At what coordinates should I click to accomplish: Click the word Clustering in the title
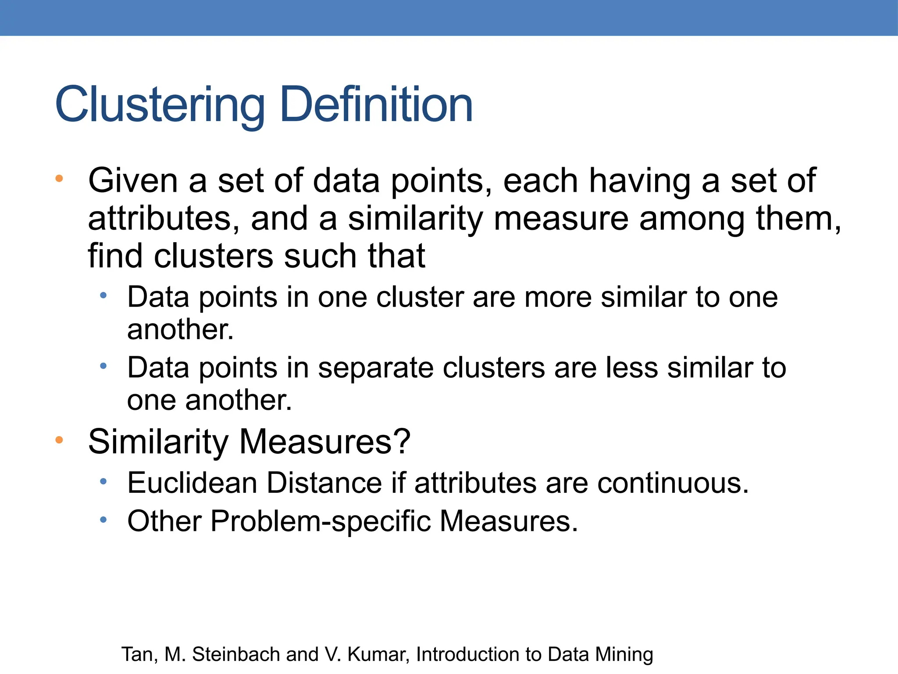point(160,105)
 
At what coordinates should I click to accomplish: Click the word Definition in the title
point(376,105)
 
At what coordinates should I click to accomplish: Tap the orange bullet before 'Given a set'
point(59,179)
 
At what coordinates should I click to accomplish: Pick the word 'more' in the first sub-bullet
point(558,297)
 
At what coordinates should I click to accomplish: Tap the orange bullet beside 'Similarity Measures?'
point(59,440)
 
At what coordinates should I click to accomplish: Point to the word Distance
point(324,483)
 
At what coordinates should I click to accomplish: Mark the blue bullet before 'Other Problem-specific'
point(103,520)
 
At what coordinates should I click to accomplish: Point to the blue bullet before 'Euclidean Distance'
point(103,482)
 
